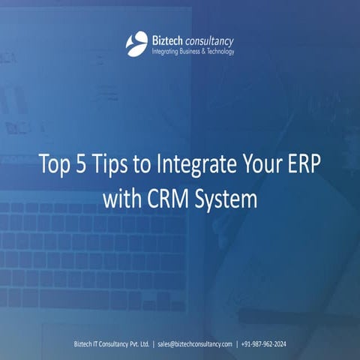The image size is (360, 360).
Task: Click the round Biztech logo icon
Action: pyautogui.click(x=136, y=43)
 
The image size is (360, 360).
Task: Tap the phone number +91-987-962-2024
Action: pyautogui.click(x=264, y=344)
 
